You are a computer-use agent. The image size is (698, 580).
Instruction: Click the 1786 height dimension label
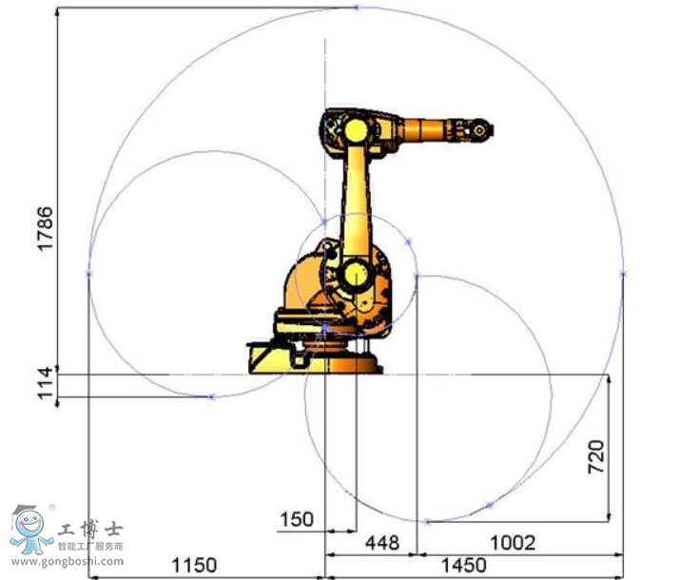(45, 229)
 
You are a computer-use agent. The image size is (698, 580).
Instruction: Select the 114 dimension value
(45, 383)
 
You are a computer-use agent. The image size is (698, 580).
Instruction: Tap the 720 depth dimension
(596, 457)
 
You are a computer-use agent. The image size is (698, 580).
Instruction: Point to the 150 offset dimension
(297, 519)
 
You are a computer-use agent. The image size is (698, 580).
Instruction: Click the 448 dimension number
(382, 543)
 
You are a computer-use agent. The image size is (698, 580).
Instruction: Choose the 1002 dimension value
(513, 543)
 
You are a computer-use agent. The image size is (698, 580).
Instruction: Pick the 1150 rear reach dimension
(194, 566)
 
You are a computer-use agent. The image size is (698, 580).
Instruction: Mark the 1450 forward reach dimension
(463, 566)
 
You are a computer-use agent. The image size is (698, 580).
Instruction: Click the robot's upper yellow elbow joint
(356, 130)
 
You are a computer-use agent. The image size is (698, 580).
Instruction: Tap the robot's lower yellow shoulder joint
(357, 274)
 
